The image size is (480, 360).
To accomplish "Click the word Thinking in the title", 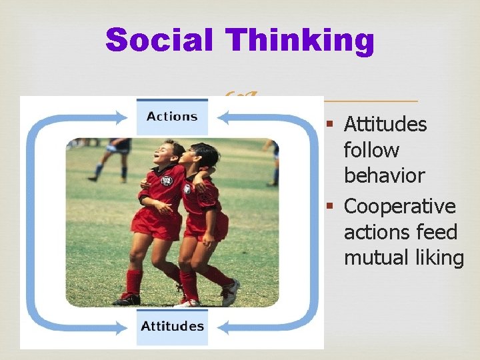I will click(x=300, y=40).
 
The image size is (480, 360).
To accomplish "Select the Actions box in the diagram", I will click(x=172, y=117).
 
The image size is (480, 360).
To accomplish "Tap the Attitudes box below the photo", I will click(x=172, y=326).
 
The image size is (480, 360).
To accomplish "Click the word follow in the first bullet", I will click(x=371, y=150).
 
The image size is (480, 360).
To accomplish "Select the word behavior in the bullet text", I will click(x=384, y=175).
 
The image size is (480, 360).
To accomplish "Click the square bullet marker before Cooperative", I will click(x=329, y=207).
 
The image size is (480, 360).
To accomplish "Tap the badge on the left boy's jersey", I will click(x=167, y=180).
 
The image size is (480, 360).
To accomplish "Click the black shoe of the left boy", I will click(x=127, y=299).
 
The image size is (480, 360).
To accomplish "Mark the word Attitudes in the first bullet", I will click(x=385, y=124).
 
